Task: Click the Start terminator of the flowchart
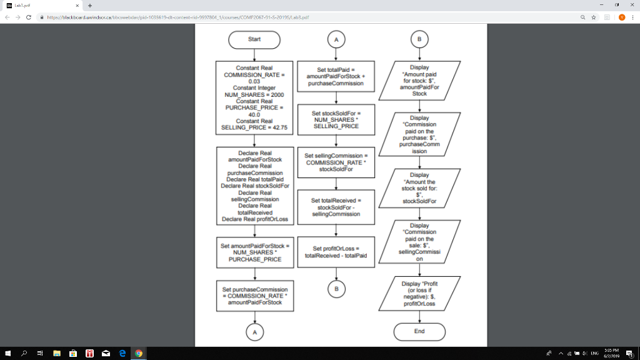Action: pyautogui.click(x=254, y=39)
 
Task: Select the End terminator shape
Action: pyautogui.click(x=419, y=331)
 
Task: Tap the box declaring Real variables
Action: pyautogui.click(x=254, y=186)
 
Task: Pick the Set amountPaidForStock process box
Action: pyautogui.click(x=254, y=252)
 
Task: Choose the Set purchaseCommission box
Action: pyautogui.click(x=254, y=296)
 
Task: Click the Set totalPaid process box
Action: pyautogui.click(x=336, y=76)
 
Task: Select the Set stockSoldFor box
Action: pyautogui.click(x=336, y=120)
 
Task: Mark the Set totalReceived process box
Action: pyautogui.click(x=336, y=207)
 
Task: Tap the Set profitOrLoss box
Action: pyautogui.click(x=336, y=252)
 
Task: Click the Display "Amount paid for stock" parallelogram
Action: pyautogui.click(x=419, y=78)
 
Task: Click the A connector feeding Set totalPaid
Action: pyautogui.click(x=336, y=39)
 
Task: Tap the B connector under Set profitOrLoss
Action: pyautogui.click(x=336, y=289)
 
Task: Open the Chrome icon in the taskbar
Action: pyautogui.click(x=139, y=354)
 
